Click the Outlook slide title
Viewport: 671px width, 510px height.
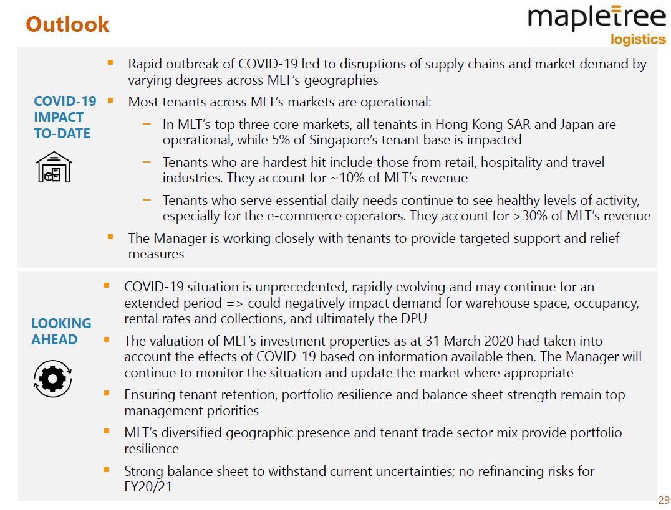[67, 24]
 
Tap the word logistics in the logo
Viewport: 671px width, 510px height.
[637, 39]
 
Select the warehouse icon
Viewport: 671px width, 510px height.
[54, 167]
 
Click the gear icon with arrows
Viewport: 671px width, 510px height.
[52, 379]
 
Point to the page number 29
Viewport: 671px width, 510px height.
[664, 500]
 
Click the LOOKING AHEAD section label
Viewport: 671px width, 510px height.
[61, 331]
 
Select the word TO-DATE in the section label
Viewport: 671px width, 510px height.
[62, 133]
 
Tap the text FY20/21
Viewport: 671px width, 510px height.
[148, 486]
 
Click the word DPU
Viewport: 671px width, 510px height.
[414, 318]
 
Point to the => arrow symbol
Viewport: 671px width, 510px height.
[234, 303]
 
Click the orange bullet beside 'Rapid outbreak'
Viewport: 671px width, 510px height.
[110, 63]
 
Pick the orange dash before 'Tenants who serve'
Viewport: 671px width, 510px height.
[147, 200]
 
